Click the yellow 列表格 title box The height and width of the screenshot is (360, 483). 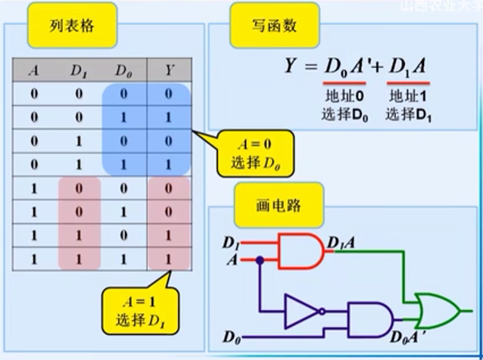click(x=72, y=28)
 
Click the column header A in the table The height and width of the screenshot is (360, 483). click(x=33, y=72)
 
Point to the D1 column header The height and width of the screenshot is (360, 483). click(x=78, y=72)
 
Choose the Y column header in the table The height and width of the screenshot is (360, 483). click(x=169, y=72)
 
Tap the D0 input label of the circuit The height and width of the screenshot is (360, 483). click(x=232, y=334)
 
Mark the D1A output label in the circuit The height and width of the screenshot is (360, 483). click(x=343, y=244)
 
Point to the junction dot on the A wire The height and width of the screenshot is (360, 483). click(x=260, y=260)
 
